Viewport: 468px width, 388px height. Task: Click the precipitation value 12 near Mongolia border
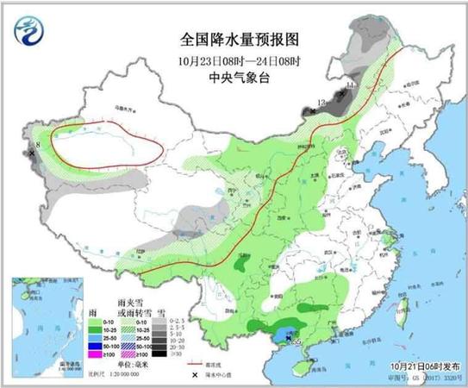click(x=321, y=103)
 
